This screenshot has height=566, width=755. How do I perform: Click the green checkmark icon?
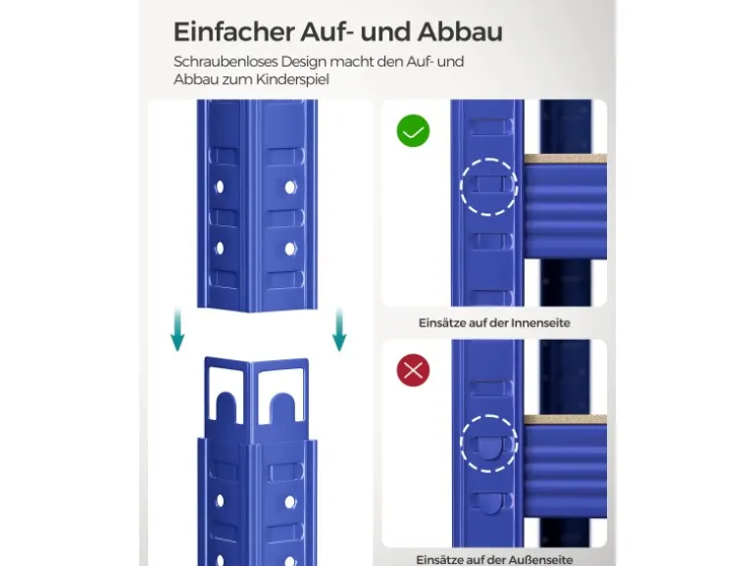[x=413, y=131]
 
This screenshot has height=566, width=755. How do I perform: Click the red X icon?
[x=413, y=370]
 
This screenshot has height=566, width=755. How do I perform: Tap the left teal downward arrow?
[x=177, y=330]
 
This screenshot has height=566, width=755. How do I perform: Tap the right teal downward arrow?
[x=339, y=330]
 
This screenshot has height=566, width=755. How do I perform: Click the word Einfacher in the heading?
[x=234, y=31]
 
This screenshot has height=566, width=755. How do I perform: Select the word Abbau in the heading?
[x=460, y=31]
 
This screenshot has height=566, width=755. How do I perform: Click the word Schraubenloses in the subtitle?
[x=226, y=62]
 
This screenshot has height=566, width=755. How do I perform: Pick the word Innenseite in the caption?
[x=540, y=323]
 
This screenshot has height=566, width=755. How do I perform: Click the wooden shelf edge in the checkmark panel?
[x=566, y=159]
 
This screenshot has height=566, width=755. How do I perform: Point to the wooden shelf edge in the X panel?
[x=566, y=419]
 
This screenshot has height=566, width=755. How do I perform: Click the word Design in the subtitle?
[x=303, y=62]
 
